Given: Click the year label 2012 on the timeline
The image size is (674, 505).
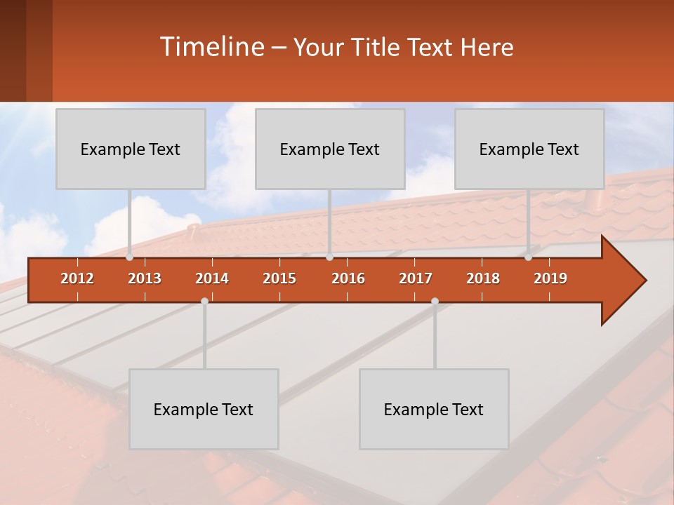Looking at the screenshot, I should tap(77, 278).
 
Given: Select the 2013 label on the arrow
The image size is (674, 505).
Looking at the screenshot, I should tap(145, 278).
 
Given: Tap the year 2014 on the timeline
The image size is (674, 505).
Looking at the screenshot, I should tap(212, 278).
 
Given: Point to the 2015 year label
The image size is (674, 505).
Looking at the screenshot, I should tap(279, 278).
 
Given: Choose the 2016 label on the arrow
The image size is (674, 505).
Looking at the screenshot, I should tap(348, 278).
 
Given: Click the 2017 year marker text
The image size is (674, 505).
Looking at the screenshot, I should tap(416, 278).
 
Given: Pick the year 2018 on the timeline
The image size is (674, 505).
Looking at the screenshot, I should tap(483, 278).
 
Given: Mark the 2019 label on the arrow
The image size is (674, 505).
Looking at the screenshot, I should tap(550, 278).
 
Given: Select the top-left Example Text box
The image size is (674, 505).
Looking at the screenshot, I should tap(131, 149).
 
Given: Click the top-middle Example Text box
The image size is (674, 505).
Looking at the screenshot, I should tap(330, 149).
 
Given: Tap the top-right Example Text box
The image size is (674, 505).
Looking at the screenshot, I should tap(529, 149).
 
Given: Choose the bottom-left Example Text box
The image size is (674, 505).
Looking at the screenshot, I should tap(204, 409).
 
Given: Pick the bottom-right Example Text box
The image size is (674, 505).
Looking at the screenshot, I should tap(434, 409).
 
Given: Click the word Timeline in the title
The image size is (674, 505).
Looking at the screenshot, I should tap(211, 47).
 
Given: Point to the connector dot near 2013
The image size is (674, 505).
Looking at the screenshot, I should tap(130, 257).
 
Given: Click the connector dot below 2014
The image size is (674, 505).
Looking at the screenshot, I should tap(204, 301).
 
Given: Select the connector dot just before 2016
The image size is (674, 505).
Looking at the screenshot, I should tap(329, 257).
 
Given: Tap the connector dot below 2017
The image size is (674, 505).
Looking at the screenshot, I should tap(435, 301).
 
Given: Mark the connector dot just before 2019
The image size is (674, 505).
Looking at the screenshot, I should tap(529, 257).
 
